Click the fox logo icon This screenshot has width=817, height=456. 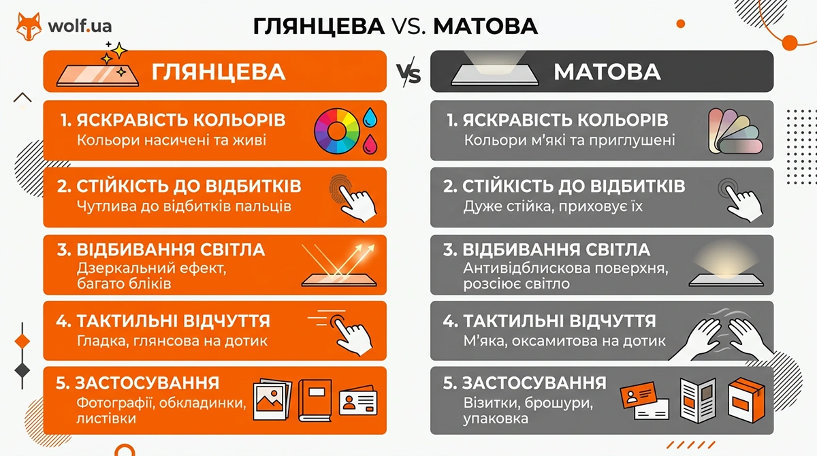pos(29,27)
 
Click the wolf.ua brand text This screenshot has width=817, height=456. pos(80,26)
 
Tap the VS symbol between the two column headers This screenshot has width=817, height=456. pos(408,72)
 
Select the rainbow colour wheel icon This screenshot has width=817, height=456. pos(336,131)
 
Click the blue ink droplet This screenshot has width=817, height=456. pos(370,117)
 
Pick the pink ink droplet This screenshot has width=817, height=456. pos(370,144)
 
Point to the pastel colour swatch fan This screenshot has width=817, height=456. pos(735,131)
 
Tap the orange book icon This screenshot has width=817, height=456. pos(315,401)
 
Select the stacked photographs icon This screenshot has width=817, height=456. pos(272,400)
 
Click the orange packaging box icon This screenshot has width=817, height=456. pos(746,400)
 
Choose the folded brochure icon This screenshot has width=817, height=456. pos(698,400)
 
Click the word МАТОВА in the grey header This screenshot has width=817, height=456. pos(607,72)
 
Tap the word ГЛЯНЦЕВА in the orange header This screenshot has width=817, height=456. pos(218,72)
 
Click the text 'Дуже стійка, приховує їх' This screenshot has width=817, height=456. pos(553,207)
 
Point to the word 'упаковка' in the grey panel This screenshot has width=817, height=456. pos(496,419)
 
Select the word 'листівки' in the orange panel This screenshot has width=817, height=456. pos(106,418)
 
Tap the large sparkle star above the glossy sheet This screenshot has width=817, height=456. pos(119,50)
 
